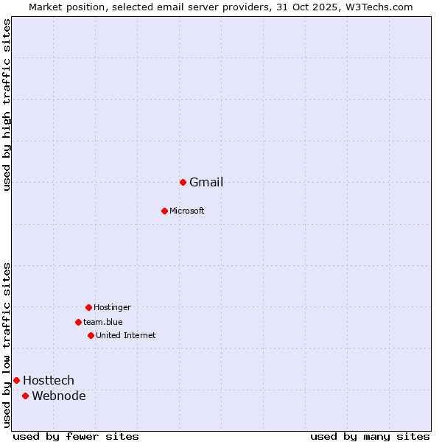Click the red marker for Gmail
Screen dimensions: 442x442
183,182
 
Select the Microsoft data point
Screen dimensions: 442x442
164,211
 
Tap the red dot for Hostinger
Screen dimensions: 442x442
88,307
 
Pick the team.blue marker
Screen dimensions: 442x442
78,322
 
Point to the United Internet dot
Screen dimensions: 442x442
91,335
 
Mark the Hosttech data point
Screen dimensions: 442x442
16,380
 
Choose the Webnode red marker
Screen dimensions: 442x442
25,396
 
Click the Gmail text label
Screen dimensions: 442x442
206,183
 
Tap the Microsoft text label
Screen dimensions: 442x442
187,211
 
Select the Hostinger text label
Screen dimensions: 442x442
112,307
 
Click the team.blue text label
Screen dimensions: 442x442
103,322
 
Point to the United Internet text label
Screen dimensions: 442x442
126,335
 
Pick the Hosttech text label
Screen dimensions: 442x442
49,380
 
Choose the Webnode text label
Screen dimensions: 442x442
59,396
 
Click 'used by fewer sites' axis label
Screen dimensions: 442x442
76,436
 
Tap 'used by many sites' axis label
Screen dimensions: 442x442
370,436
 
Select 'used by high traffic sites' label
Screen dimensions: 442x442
7,105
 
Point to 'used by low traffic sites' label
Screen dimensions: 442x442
7,345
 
